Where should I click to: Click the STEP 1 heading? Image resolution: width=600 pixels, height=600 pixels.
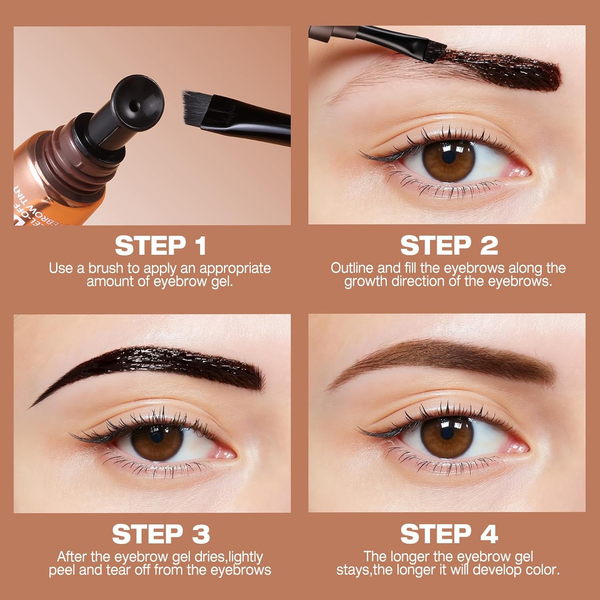tap(160, 246)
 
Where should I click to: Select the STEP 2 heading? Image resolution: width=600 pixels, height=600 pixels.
tap(449, 246)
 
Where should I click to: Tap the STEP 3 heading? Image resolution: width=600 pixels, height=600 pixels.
tap(160, 534)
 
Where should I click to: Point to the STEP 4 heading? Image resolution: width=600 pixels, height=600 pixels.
tap(449, 534)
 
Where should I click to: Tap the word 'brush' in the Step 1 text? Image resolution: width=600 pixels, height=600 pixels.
tap(106, 268)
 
